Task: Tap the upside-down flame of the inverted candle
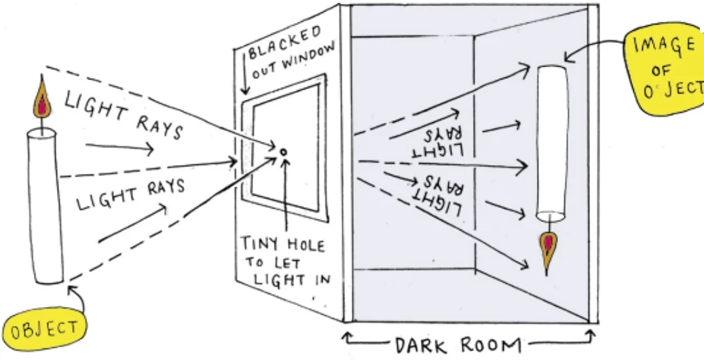(x=546, y=248)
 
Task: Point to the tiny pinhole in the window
(x=283, y=151)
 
